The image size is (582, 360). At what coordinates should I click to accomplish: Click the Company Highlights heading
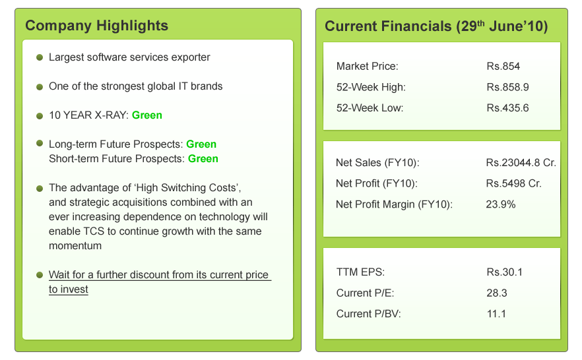96,26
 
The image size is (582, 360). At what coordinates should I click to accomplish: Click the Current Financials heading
436,26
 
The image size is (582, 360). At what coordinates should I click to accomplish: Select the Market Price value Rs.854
503,67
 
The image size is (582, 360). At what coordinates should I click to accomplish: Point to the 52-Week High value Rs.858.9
507,87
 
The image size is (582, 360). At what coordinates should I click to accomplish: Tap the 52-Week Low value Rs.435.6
507,108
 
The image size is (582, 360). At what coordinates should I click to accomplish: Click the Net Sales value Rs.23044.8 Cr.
521,163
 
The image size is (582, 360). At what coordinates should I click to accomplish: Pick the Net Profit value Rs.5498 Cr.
513,183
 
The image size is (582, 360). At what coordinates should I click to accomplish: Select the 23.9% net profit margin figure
500,204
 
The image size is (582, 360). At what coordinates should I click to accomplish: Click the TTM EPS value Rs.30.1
504,272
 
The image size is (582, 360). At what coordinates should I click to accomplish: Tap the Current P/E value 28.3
497,293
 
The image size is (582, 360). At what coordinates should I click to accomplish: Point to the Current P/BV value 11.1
496,314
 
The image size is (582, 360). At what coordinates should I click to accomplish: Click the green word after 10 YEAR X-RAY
147,115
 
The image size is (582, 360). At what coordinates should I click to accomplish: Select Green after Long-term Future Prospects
201,144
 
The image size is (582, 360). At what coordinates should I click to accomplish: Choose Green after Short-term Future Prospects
203,159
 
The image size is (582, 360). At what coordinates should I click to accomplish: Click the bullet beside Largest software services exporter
40,57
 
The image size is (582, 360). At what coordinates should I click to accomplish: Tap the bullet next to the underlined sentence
40,275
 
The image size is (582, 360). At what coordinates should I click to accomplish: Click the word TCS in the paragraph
94,231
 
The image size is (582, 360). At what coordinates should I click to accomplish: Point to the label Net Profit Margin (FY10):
394,204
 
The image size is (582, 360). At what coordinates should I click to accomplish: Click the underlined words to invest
69,289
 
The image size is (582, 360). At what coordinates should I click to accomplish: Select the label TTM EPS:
360,272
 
